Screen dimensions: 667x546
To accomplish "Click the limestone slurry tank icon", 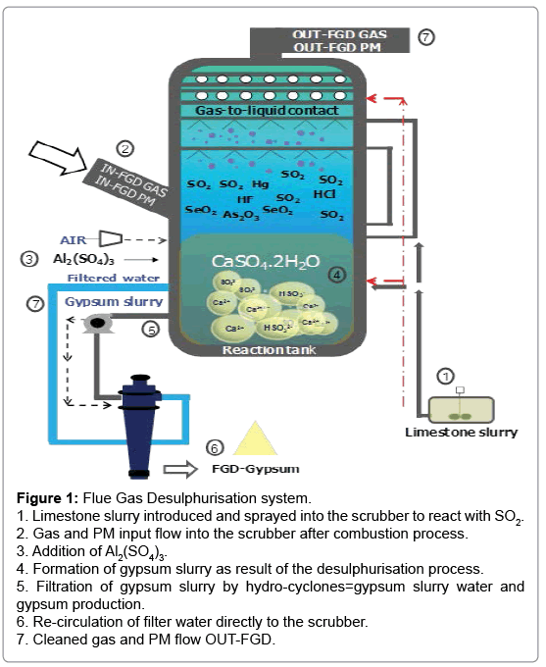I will [460, 406].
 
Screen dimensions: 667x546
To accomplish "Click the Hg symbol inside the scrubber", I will [258, 183].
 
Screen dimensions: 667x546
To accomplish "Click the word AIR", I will [74, 239].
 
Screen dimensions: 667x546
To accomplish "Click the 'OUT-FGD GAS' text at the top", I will [339, 35].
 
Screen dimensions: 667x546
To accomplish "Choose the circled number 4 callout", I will [338, 275].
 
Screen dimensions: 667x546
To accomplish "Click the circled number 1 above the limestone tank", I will [445, 376].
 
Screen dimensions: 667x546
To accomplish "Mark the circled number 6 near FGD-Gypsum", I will [215, 448].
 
